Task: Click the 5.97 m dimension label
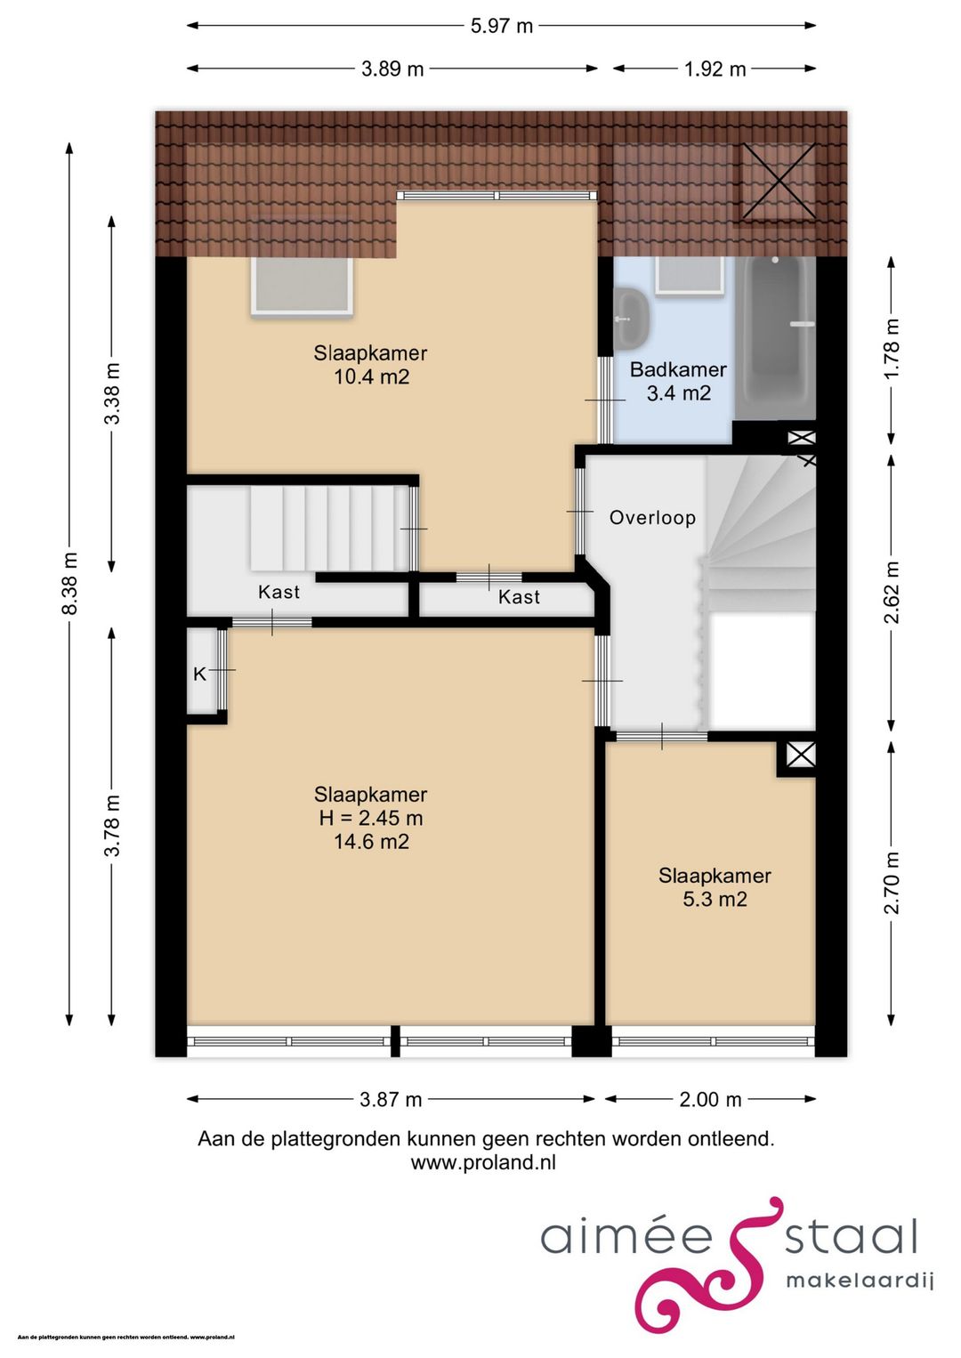pos(502,26)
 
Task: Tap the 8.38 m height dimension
pos(69,583)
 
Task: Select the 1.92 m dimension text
pos(715,69)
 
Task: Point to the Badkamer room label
pos(678,369)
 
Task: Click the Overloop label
pos(652,518)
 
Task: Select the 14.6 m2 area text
pos(372,842)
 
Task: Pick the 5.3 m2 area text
pos(715,899)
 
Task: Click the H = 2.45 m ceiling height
pos(371,818)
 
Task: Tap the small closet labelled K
pos(202,673)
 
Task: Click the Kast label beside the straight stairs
pos(279,592)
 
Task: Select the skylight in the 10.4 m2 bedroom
pos(302,284)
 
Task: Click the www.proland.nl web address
pos(483,1163)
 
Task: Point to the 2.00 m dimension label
pos(710,1099)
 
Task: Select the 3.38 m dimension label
pos(112,393)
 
